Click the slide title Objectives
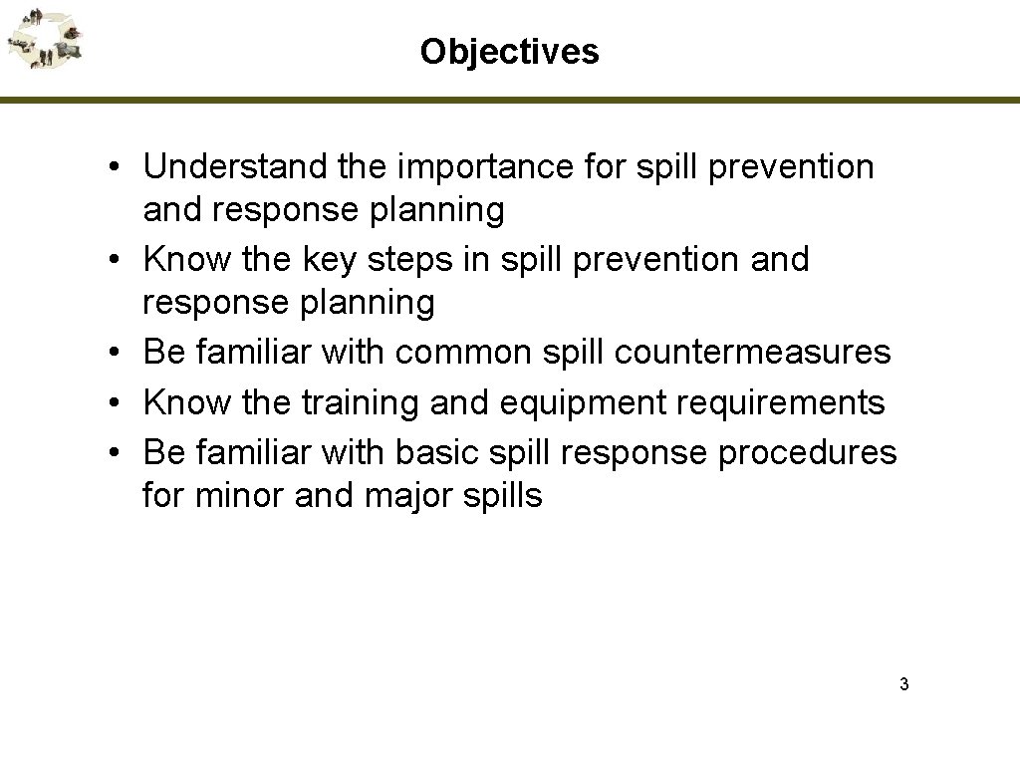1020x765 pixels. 509,51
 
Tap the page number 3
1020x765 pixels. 903,684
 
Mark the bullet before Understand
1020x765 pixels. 117,168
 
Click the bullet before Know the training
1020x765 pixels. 117,403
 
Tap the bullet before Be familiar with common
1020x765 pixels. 117,352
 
